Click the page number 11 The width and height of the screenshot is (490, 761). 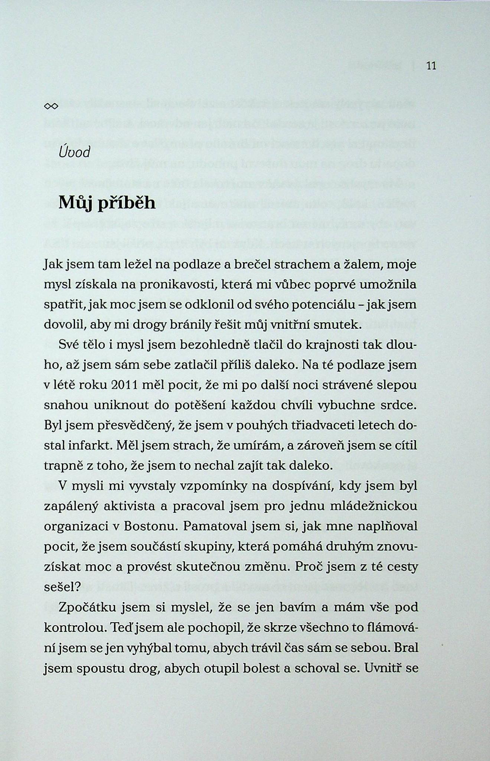[431, 66]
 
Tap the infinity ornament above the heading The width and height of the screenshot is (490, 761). [51, 107]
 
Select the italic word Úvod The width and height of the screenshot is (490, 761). [74, 152]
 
